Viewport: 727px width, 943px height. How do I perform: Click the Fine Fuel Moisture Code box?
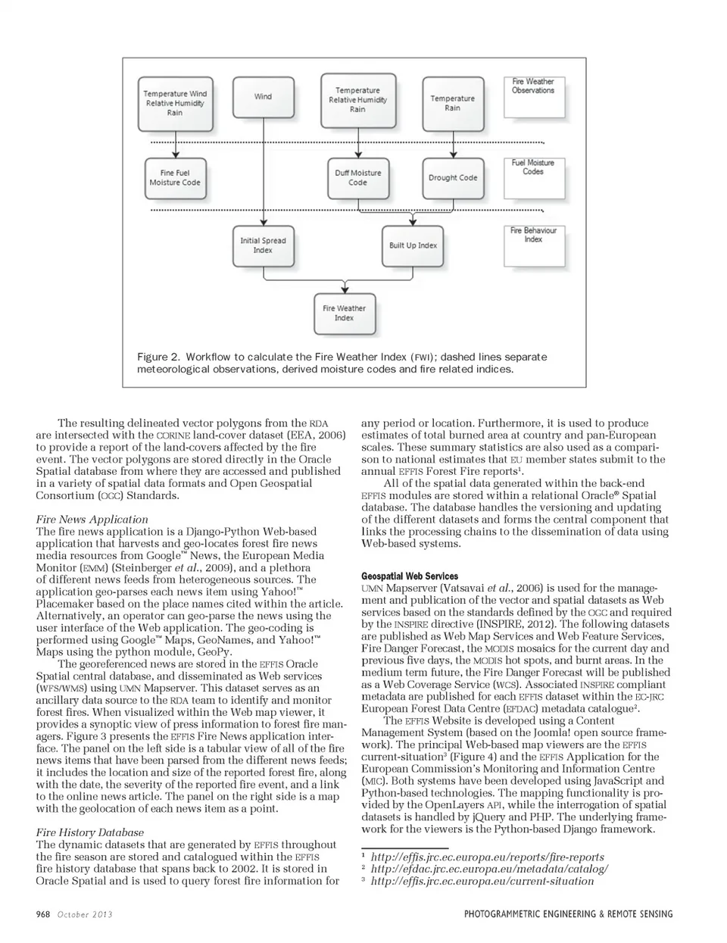click(x=175, y=178)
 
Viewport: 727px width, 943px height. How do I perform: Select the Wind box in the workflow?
click(x=263, y=97)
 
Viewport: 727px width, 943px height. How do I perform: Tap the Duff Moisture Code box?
click(x=357, y=178)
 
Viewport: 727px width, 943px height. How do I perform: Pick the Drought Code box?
click(x=453, y=178)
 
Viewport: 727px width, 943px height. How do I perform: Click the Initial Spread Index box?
click(x=263, y=245)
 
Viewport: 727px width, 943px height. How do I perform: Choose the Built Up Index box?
click(x=413, y=245)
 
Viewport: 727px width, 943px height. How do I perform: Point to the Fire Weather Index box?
click(x=345, y=313)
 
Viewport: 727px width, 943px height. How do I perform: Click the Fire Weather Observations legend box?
click(x=533, y=96)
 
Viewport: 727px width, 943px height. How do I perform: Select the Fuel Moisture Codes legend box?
click(x=533, y=178)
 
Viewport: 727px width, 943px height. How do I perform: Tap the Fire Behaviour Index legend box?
click(x=533, y=245)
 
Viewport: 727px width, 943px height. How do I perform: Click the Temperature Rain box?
click(x=453, y=103)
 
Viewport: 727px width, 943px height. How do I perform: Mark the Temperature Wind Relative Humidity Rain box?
click(x=175, y=103)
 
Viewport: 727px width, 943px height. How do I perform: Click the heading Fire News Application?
click(x=92, y=520)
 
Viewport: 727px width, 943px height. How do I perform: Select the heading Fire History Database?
click(x=90, y=832)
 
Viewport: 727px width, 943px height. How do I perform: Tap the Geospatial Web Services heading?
click(x=410, y=576)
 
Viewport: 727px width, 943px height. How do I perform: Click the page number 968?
click(x=43, y=914)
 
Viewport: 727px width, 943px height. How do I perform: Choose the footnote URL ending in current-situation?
click(x=482, y=881)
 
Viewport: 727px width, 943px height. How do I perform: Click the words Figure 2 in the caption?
click(x=158, y=357)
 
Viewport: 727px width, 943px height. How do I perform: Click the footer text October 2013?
click(x=85, y=914)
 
